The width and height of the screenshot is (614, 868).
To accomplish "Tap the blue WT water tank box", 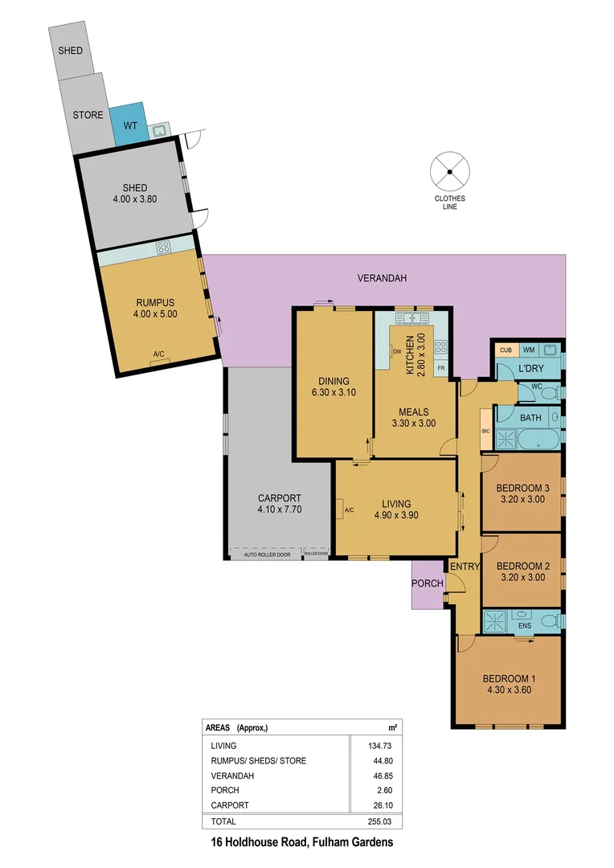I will click(129, 125).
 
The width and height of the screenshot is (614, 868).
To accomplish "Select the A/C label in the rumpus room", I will click(158, 354).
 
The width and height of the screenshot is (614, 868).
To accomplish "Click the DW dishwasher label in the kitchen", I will click(397, 350).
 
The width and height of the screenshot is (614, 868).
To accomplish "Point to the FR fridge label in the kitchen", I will click(441, 369).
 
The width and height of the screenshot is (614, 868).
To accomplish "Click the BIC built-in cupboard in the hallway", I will click(485, 431).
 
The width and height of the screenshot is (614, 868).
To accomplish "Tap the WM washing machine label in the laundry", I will click(528, 350).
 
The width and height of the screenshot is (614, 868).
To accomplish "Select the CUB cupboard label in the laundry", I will click(506, 350).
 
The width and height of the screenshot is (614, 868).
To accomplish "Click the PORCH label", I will click(424, 583).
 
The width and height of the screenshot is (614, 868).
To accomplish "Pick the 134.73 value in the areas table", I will click(373, 746).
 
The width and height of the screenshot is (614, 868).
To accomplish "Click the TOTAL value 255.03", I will click(373, 821).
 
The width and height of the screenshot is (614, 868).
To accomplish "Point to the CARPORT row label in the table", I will click(229, 805).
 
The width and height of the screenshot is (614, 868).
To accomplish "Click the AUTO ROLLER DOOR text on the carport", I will click(264, 555).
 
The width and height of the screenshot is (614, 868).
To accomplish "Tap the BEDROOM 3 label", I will click(522, 488).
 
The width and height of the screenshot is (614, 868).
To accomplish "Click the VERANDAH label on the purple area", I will click(382, 278).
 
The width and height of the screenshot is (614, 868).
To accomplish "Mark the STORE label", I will click(88, 115).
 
